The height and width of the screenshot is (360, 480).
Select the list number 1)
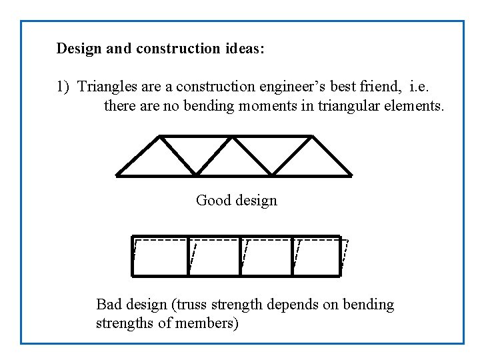63,87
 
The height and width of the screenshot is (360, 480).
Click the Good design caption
236,200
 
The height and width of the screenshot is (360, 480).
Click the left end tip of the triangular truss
118,175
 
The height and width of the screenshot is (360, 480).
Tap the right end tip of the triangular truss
351,175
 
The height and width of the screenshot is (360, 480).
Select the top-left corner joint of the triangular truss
159,137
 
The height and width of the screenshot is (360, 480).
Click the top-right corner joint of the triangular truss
311,137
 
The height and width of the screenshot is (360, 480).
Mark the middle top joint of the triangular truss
233,137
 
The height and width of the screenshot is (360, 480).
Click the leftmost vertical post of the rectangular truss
133,255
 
